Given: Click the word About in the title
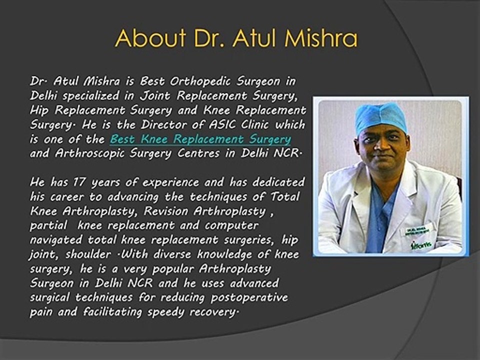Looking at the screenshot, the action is pos(150,38).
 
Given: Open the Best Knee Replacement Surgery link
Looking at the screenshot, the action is pos(200,139).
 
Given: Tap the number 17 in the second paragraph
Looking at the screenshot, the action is pos(79,182).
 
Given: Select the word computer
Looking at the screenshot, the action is pos(231,226).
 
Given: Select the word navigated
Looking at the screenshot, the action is pos(56,240).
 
